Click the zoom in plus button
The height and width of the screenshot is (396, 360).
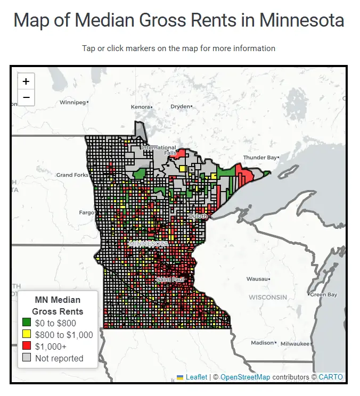point(26,82)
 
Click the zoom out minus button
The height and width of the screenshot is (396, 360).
point(26,97)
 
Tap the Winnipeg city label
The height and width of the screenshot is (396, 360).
point(72,102)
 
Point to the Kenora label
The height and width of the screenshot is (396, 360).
point(141,107)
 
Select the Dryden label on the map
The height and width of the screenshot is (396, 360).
point(180,106)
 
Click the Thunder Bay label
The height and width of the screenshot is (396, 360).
point(260,158)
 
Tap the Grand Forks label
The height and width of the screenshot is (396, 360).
point(72,175)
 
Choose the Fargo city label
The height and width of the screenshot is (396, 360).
point(86,212)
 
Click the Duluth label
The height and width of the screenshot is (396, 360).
point(198,216)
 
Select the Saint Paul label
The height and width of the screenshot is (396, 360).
point(170,279)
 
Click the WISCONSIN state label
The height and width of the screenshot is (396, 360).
point(268,296)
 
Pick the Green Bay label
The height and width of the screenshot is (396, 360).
point(324,294)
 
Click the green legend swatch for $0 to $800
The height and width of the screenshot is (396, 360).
point(27,323)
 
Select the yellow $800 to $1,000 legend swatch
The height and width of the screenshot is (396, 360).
point(27,335)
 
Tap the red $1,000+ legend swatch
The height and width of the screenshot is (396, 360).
point(27,346)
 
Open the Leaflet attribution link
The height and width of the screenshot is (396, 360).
point(196,377)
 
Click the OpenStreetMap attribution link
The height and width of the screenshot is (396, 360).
point(245,377)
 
